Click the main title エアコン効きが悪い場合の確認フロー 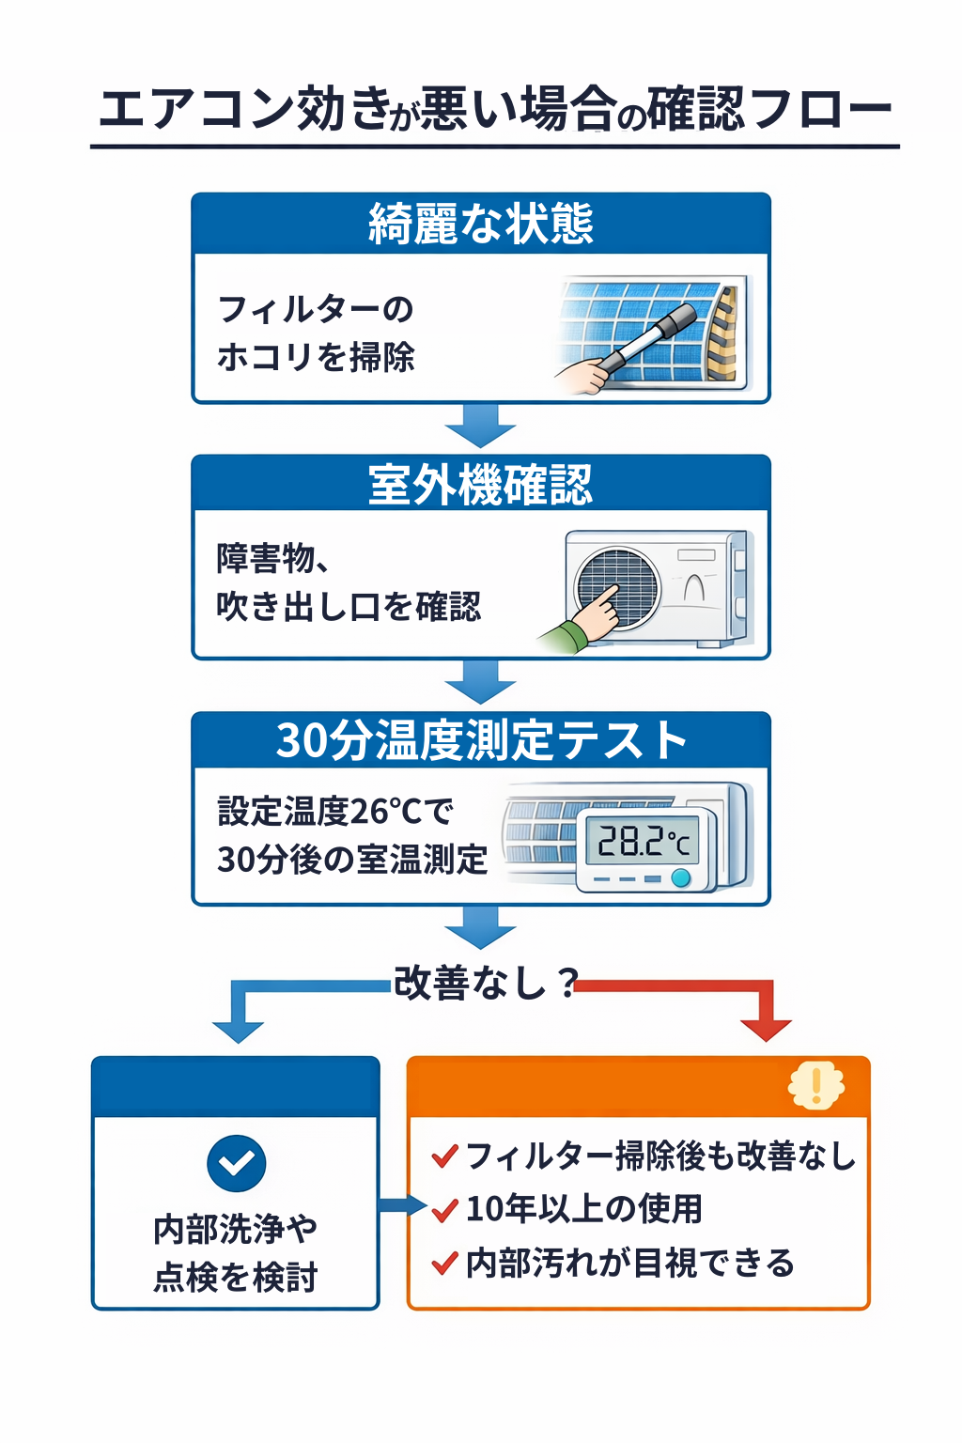coord(494,109)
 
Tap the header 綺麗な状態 coord(480,224)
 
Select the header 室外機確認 coord(480,485)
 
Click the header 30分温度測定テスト coord(480,740)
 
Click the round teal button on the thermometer coord(681,879)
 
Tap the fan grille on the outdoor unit coord(617,588)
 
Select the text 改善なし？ coord(485,983)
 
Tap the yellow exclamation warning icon coord(815,1086)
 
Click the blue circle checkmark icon coord(237,1163)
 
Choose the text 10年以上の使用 coord(583,1209)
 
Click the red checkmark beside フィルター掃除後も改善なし coord(444,1156)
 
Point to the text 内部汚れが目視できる coord(629,1264)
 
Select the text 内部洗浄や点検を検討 coord(236,1253)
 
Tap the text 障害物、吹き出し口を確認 coord(349,582)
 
